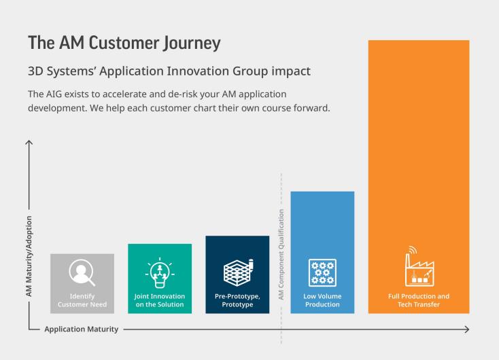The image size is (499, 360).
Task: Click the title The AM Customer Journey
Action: tap(124, 43)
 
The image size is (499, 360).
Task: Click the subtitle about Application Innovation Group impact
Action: tap(169, 71)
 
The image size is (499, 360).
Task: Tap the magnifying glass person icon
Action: tap(82, 272)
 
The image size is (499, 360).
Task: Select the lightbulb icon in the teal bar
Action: tap(160, 273)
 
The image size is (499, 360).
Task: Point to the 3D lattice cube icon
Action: tap(239, 272)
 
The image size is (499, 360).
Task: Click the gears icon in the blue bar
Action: tap(322, 272)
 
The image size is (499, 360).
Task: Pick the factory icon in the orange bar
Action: tap(419, 266)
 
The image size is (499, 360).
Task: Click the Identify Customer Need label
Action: tap(82, 300)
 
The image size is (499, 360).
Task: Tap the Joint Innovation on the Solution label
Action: tap(160, 300)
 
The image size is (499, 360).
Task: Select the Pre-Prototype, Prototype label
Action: tap(237, 300)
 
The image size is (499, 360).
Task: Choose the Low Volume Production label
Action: tap(322, 300)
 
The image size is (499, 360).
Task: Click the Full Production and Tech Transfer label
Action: tap(419, 300)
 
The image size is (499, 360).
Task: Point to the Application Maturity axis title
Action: tap(82, 329)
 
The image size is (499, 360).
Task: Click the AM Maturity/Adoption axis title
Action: tap(29, 256)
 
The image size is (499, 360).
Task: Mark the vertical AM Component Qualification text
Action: tap(281, 255)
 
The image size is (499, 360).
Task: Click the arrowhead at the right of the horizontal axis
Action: tap(467, 329)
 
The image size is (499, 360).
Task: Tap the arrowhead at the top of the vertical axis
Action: tap(29, 143)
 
